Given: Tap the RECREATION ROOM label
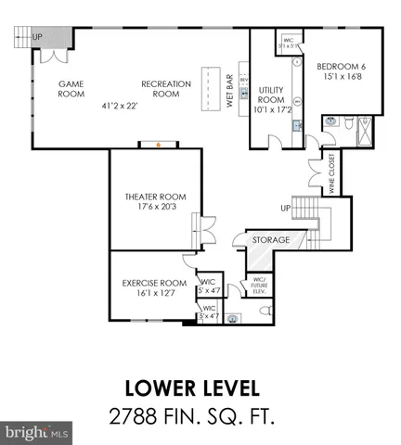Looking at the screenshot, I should coord(166,88).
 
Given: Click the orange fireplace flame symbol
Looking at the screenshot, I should coord(159,145).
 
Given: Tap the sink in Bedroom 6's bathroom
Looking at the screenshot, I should coord(330,121).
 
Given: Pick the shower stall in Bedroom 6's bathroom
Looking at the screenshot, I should coord(369,131).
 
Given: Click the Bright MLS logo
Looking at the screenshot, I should coord(36,433).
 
